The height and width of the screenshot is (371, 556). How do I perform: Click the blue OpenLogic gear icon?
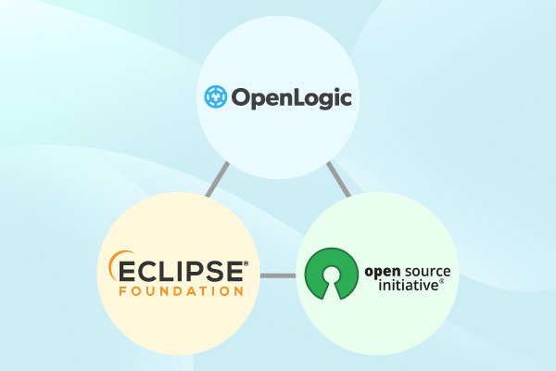click(216, 96)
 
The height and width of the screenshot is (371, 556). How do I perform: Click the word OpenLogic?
click(292, 98)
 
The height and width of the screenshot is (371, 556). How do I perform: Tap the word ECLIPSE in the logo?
click(181, 272)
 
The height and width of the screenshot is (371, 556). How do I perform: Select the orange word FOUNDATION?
click(182, 291)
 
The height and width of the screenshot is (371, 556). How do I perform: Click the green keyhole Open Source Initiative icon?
click(331, 274)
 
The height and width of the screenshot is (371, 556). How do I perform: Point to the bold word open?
click(383, 273)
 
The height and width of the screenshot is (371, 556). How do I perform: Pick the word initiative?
click(409, 285)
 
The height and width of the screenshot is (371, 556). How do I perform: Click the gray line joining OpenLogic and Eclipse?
click(218, 180)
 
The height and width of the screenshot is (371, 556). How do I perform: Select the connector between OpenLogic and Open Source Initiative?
click(338, 179)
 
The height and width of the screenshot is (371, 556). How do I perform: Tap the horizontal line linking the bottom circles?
click(278, 275)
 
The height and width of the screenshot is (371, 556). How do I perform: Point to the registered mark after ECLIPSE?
click(246, 263)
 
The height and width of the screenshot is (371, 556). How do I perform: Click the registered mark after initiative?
click(441, 281)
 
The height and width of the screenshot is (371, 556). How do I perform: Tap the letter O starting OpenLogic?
click(241, 97)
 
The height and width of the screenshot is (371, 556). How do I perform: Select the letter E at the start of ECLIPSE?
click(127, 272)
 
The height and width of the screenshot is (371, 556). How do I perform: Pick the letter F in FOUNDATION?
click(122, 291)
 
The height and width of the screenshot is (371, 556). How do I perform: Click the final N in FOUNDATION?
click(239, 291)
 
